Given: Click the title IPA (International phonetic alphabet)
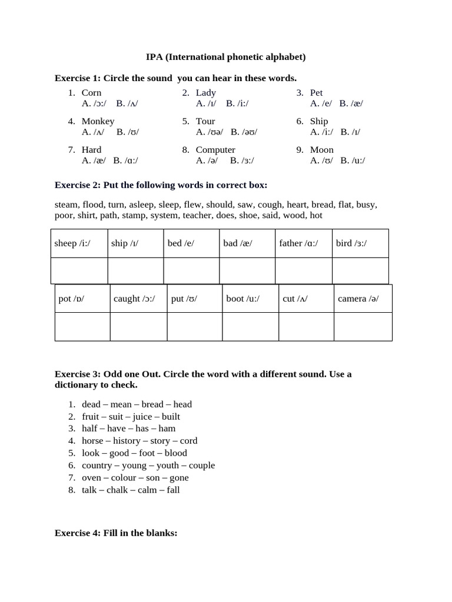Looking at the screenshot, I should (225, 57).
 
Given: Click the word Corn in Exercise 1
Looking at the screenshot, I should (91, 93).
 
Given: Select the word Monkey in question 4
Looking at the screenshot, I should (98, 122).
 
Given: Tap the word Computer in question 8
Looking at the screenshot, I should (215, 150).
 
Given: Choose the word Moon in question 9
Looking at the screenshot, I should (322, 150).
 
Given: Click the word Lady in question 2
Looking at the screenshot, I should (206, 93).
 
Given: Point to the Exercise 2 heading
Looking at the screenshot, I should (161, 185).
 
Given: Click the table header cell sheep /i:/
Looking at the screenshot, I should (79, 243).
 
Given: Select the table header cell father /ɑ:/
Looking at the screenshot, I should (304, 243).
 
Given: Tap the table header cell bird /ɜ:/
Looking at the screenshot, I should (360, 243).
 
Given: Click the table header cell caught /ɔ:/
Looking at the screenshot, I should (138, 299).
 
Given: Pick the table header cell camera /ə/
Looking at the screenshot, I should (363, 299).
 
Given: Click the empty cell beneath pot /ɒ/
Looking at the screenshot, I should (82, 327).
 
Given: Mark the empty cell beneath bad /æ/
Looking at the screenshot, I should (247, 271).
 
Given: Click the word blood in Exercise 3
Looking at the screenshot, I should (176, 453).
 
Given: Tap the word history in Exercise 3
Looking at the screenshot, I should (127, 441).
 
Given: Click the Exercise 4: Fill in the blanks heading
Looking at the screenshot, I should (116, 533).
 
